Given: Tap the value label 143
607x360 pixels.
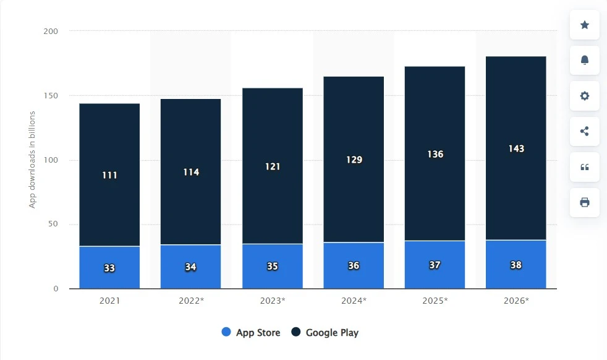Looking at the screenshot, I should point(516,148).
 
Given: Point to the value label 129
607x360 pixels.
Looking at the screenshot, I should point(354,160).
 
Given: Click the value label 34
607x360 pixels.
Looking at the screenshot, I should point(190,267).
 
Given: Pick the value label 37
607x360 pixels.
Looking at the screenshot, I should point(435,265).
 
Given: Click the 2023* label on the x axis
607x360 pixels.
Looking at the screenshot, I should point(272,301).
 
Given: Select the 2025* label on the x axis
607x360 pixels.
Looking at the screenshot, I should point(435,301).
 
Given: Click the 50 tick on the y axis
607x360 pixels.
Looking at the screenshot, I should point(53,225).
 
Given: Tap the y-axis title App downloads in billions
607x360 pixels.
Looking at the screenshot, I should point(32,160).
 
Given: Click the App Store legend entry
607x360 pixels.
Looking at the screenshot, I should point(251,333).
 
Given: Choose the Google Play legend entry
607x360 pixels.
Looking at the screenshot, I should point(325,333).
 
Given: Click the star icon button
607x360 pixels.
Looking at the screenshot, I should point(584,25).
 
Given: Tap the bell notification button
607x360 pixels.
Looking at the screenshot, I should point(584,60).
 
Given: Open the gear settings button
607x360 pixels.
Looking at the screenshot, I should point(584,96).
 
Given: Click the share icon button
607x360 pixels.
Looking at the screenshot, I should point(584,131).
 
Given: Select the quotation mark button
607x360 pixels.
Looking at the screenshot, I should point(584,167).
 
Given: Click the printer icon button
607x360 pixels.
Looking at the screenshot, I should point(584,202).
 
